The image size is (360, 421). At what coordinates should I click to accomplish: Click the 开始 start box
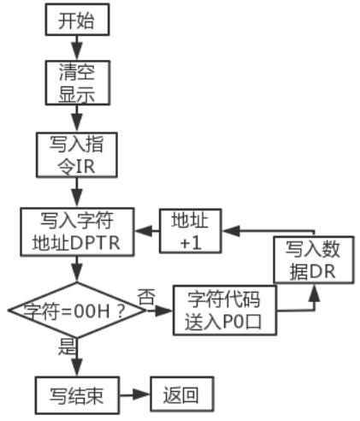coord(77,20)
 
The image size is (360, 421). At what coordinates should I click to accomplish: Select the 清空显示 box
coord(78,83)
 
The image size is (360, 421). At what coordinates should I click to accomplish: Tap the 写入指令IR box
coord(77,155)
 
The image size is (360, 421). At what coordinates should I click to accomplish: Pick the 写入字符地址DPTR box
coord(77,232)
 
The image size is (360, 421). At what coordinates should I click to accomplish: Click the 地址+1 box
coord(191,231)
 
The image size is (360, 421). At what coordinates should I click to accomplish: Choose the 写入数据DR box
coord(314,259)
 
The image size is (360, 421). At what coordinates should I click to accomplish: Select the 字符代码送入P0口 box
coord(225,310)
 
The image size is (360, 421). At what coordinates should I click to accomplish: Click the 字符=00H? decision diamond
coord(76,310)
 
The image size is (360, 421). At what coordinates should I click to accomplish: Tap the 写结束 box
coord(77,395)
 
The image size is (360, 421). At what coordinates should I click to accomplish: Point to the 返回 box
coord(182,394)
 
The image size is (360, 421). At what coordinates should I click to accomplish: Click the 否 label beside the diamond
coord(147,297)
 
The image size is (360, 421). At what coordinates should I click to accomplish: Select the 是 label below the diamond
coord(68,347)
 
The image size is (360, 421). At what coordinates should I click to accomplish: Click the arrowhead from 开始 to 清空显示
coord(77,51)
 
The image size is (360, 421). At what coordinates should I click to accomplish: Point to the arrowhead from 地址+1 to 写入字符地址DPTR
coord(144,231)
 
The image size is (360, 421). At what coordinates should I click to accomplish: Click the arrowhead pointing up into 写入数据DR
coord(315,293)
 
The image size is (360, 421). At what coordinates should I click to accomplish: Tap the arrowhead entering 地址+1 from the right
coord(232,230)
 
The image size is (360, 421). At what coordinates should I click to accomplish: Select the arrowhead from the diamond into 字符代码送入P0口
coord(163,311)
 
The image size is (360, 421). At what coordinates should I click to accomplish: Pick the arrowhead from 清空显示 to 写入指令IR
coord(77,122)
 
